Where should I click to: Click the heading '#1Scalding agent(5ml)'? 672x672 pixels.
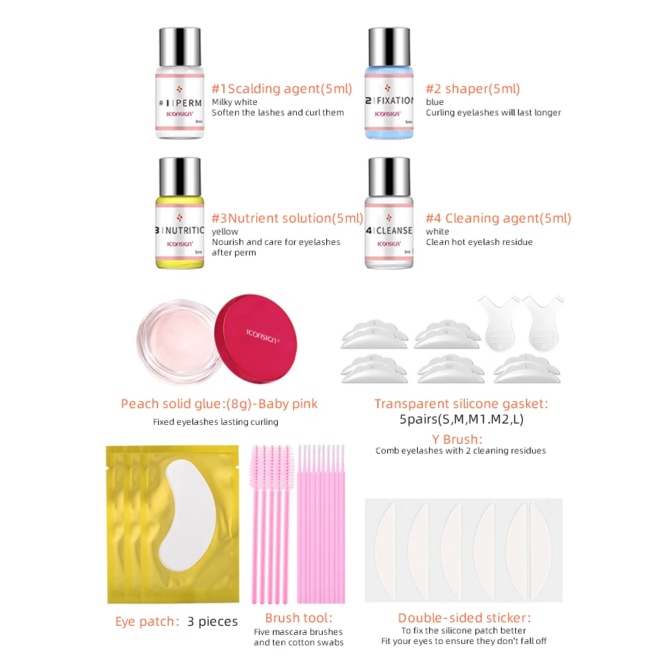click(281, 89)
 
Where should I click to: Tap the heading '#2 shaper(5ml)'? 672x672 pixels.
click(472, 89)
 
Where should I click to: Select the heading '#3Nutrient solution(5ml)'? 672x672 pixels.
click(287, 218)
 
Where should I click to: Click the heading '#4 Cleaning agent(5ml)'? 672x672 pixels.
click(498, 218)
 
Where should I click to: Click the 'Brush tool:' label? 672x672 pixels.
click(299, 617)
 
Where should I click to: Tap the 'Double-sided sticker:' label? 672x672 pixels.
click(464, 617)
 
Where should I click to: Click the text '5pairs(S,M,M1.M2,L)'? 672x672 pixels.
click(461, 421)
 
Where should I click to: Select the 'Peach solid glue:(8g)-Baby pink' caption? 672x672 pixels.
click(219, 404)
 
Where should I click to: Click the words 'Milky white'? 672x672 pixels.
click(234, 102)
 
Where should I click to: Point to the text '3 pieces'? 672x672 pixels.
click(213, 622)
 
